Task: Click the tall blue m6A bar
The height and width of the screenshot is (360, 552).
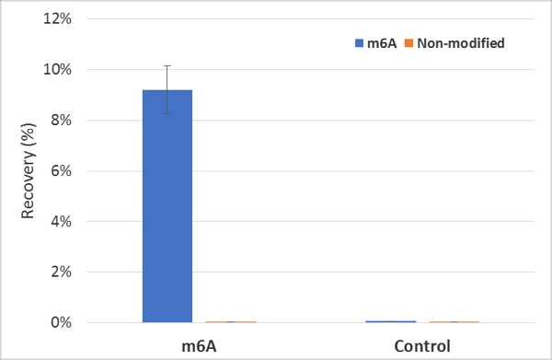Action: click(x=167, y=206)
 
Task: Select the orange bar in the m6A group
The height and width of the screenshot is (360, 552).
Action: click(x=231, y=321)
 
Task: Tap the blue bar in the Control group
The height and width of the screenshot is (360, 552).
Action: click(x=391, y=321)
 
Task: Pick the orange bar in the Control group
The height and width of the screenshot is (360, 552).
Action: click(x=454, y=321)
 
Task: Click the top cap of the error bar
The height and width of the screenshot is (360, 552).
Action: click(x=167, y=66)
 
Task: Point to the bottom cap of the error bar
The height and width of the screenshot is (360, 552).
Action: click(x=167, y=113)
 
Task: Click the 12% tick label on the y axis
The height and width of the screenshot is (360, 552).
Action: click(x=57, y=18)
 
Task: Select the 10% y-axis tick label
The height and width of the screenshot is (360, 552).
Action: click(x=57, y=69)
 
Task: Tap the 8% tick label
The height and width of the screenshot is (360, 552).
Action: click(x=62, y=120)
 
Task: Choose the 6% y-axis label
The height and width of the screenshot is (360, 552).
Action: click(x=62, y=171)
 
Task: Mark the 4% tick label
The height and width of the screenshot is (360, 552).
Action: click(x=62, y=222)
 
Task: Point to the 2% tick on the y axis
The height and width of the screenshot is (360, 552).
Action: click(x=62, y=272)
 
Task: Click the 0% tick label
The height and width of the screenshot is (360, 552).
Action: click(x=62, y=322)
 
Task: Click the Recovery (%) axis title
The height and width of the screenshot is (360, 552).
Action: click(x=28, y=171)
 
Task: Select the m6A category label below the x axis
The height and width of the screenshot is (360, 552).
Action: click(x=199, y=346)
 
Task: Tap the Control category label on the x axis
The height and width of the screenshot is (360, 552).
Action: click(x=422, y=346)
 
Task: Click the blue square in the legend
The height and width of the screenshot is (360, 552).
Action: click(x=359, y=43)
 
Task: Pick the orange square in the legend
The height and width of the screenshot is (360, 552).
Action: click(x=408, y=43)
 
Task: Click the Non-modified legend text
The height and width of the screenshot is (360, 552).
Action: click(x=461, y=43)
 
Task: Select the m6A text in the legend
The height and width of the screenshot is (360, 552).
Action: click(x=382, y=43)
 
